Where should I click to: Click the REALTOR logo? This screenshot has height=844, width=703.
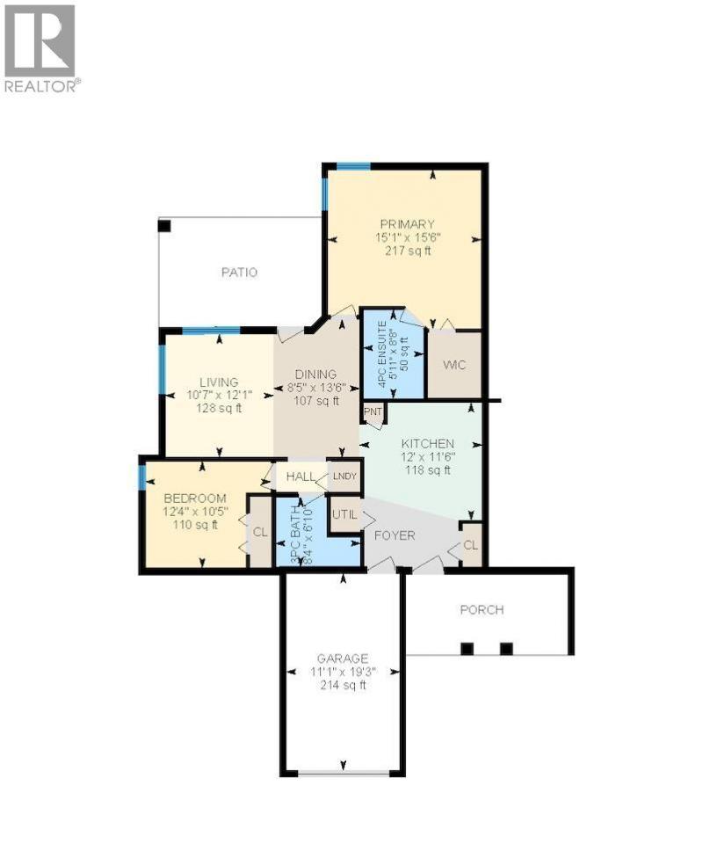40,48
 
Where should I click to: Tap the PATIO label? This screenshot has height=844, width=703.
239,273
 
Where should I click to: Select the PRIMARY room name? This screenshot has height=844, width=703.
407,224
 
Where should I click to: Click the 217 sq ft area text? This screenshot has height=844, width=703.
408,251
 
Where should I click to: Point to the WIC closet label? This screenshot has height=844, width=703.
454,365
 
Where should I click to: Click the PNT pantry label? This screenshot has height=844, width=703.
373,411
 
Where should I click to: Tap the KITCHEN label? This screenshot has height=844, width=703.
428,444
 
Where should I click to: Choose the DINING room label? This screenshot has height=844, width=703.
315,375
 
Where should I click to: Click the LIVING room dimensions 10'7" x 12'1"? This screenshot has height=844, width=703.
220,396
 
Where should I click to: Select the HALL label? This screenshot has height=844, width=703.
301,477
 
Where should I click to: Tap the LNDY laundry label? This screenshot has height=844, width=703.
344,477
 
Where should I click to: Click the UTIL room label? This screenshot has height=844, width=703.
344,514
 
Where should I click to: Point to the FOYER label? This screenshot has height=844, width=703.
395,536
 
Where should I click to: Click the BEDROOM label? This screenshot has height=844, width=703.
195,498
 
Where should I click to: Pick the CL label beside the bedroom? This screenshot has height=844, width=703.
260,533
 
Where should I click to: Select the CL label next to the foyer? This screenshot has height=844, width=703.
471,545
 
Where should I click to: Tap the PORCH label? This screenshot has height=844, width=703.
482,610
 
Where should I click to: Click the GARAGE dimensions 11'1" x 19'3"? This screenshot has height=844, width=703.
343,673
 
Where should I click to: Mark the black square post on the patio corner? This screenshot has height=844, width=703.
164,226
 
